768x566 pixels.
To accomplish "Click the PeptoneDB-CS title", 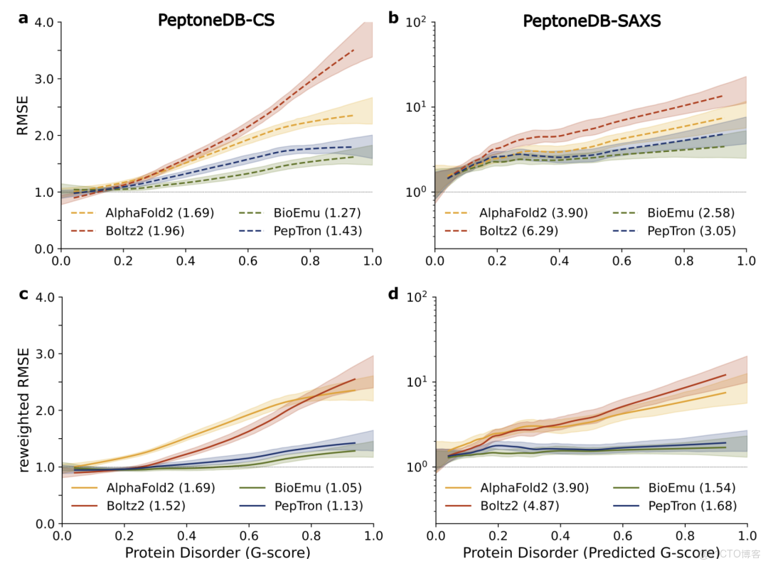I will point(216,21).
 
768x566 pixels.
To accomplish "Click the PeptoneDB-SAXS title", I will point(592,21).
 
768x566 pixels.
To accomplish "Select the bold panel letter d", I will point(393,293).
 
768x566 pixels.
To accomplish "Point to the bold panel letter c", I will point(23,293).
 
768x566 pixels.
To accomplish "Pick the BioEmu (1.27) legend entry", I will point(317,212).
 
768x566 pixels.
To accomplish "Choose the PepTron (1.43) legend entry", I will point(317,231).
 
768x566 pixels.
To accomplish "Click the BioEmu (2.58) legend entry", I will point(690,212).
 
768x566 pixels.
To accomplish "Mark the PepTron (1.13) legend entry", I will point(317,506).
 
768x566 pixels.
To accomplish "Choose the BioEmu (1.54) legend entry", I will point(690,487).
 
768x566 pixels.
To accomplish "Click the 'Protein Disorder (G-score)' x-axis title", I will point(218,552).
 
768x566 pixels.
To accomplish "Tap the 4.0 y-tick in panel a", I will point(44,22).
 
